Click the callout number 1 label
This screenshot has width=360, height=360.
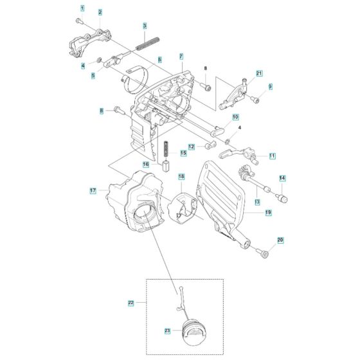pyautogui.click(x=82, y=8)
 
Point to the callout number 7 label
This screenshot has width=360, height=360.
pyautogui.click(x=182, y=57)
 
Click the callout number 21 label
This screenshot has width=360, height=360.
pyautogui.click(x=259, y=73)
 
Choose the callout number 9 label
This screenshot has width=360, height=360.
pyautogui.click(x=271, y=86)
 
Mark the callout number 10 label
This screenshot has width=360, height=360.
pyautogui.click(x=235, y=117)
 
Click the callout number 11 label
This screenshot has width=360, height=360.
pyautogui.click(x=272, y=156)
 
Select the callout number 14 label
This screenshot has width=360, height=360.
pyautogui.click(x=282, y=177)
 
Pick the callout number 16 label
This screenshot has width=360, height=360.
pyautogui.click(x=145, y=165)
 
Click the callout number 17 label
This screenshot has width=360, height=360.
pyautogui.click(x=94, y=190)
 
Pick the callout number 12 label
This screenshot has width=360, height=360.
pyautogui.click(x=192, y=147)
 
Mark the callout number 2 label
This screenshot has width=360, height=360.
pyautogui.click(x=100, y=12)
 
